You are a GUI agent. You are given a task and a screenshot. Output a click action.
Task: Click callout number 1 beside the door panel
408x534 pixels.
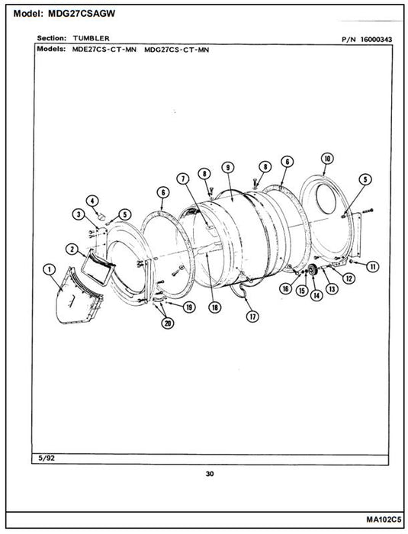[x=50, y=270]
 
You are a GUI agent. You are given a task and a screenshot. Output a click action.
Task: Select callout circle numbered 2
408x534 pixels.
[x=72, y=249]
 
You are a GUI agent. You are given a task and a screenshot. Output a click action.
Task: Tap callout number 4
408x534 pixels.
[x=92, y=201]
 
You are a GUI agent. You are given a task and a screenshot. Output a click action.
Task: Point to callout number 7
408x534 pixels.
[x=184, y=179]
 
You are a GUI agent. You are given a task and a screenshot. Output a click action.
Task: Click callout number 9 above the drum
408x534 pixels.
[x=228, y=167]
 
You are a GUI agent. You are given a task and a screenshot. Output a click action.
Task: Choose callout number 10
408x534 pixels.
[x=327, y=159]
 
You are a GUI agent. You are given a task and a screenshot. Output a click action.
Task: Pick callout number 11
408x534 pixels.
[x=373, y=267]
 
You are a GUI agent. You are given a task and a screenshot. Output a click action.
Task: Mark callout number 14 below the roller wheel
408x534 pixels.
[x=316, y=295]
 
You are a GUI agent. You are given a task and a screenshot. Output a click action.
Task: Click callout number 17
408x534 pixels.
[x=252, y=317]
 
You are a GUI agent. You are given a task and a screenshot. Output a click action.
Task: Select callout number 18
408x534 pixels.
[x=215, y=307]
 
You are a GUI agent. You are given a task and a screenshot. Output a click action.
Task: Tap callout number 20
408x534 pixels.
[x=168, y=323]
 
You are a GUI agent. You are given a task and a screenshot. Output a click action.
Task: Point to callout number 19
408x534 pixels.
[x=188, y=307]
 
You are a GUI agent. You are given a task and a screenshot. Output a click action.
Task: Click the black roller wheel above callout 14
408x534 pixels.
[x=313, y=271]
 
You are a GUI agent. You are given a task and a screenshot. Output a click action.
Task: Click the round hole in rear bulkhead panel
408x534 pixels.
[x=326, y=198]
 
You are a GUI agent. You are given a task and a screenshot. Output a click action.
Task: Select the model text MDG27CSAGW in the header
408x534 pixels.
[x=82, y=14]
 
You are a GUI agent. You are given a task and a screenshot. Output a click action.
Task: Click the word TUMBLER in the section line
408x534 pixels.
[x=92, y=38]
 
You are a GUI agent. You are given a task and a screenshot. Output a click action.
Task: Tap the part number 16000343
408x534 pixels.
[x=376, y=40]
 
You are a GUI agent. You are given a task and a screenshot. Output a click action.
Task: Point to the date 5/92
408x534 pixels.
[x=47, y=458]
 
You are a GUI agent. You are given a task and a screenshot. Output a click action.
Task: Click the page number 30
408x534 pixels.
[x=210, y=474]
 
